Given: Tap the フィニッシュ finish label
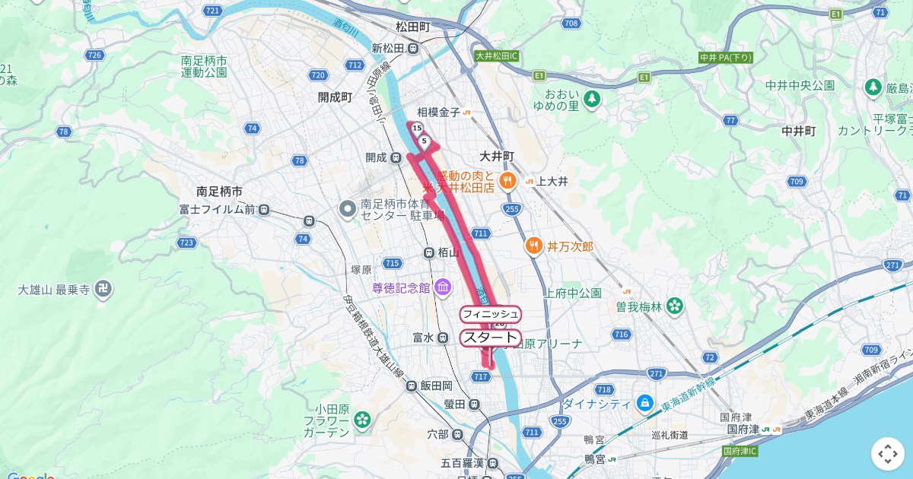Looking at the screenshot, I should coord(490,314).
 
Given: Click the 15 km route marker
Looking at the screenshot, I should coord(417,129).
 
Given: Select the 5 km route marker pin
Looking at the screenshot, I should coord(424,141).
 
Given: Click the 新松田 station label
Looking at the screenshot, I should coord(387,49).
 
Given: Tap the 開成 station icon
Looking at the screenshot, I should coord(396,157).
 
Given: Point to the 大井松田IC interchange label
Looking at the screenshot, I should coord(496,56).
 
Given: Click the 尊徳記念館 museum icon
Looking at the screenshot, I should coord(442,287).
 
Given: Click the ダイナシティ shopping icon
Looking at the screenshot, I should coord(644,402).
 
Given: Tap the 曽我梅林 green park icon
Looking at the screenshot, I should coord(674,306).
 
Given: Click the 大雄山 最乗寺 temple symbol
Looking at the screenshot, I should coord(105,289).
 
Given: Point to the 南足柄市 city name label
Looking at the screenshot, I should coord(218,191).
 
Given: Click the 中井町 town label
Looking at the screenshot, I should coord(799,131).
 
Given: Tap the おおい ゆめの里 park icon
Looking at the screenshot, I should coord(592,99).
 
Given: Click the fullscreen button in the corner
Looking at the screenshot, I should coord(888,454).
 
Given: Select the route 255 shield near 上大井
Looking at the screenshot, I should coord(512,208).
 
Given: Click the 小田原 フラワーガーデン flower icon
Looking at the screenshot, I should coord(362,418).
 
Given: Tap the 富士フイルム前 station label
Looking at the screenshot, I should coord(217,209).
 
